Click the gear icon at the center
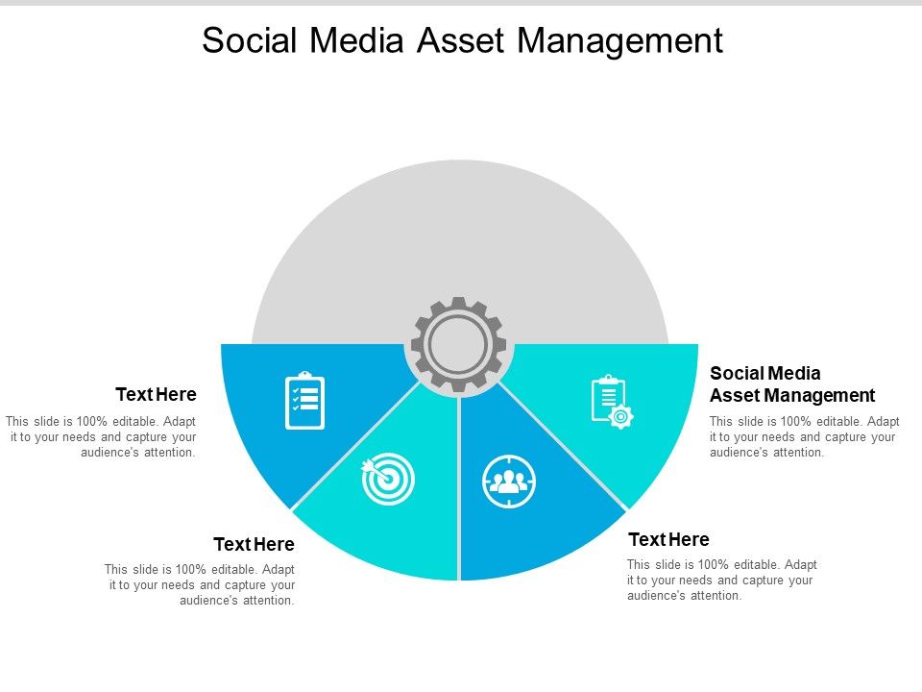459,344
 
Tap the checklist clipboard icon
305,400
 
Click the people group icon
509,481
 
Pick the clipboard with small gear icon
611,402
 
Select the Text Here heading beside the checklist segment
156,394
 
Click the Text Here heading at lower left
254,545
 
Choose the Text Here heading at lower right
668,539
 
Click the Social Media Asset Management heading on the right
791,384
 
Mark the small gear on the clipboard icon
621,416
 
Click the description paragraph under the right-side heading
805,436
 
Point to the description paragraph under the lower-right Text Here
722,580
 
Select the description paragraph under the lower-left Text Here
200,584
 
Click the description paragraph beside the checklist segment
101,436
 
